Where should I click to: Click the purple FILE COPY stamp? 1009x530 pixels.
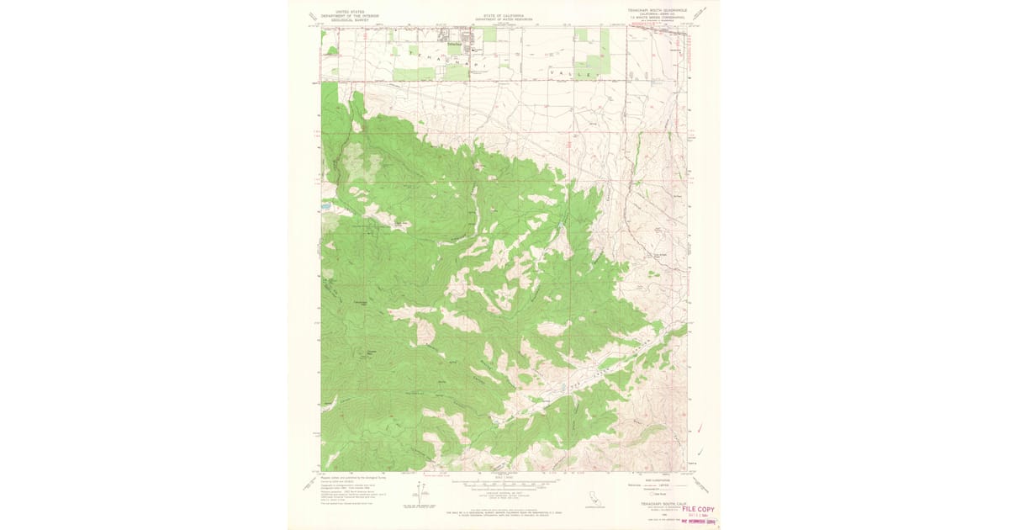(698, 509)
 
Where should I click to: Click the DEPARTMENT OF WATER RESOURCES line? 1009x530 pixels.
(504, 19)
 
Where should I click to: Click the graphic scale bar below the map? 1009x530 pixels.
(504, 485)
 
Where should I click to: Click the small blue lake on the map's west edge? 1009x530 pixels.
(325, 205)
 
